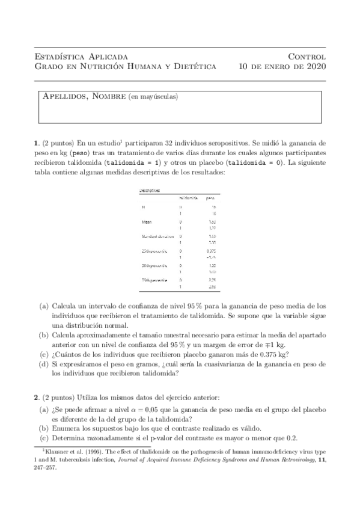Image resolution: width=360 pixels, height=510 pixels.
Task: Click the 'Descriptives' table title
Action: tap(150, 191)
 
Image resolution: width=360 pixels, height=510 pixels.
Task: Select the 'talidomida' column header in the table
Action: tap(188, 198)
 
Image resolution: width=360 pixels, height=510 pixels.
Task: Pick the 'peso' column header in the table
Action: tap(210, 198)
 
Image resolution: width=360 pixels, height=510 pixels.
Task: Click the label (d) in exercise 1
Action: tap(44, 364)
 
